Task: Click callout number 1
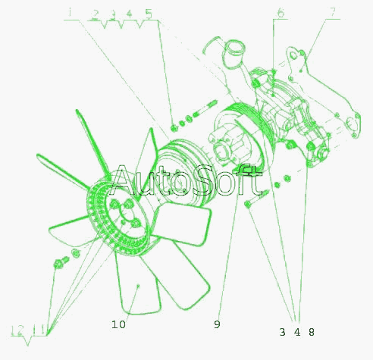click(x=71, y=13)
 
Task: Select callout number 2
click(x=95, y=14)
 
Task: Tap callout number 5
click(x=149, y=14)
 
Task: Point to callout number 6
click(x=281, y=12)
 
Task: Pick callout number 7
click(x=333, y=12)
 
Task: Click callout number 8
click(x=312, y=332)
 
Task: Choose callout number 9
click(x=217, y=324)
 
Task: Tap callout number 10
click(x=118, y=324)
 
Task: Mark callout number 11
click(x=40, y=330)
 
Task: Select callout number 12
click(x=17, y=330)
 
